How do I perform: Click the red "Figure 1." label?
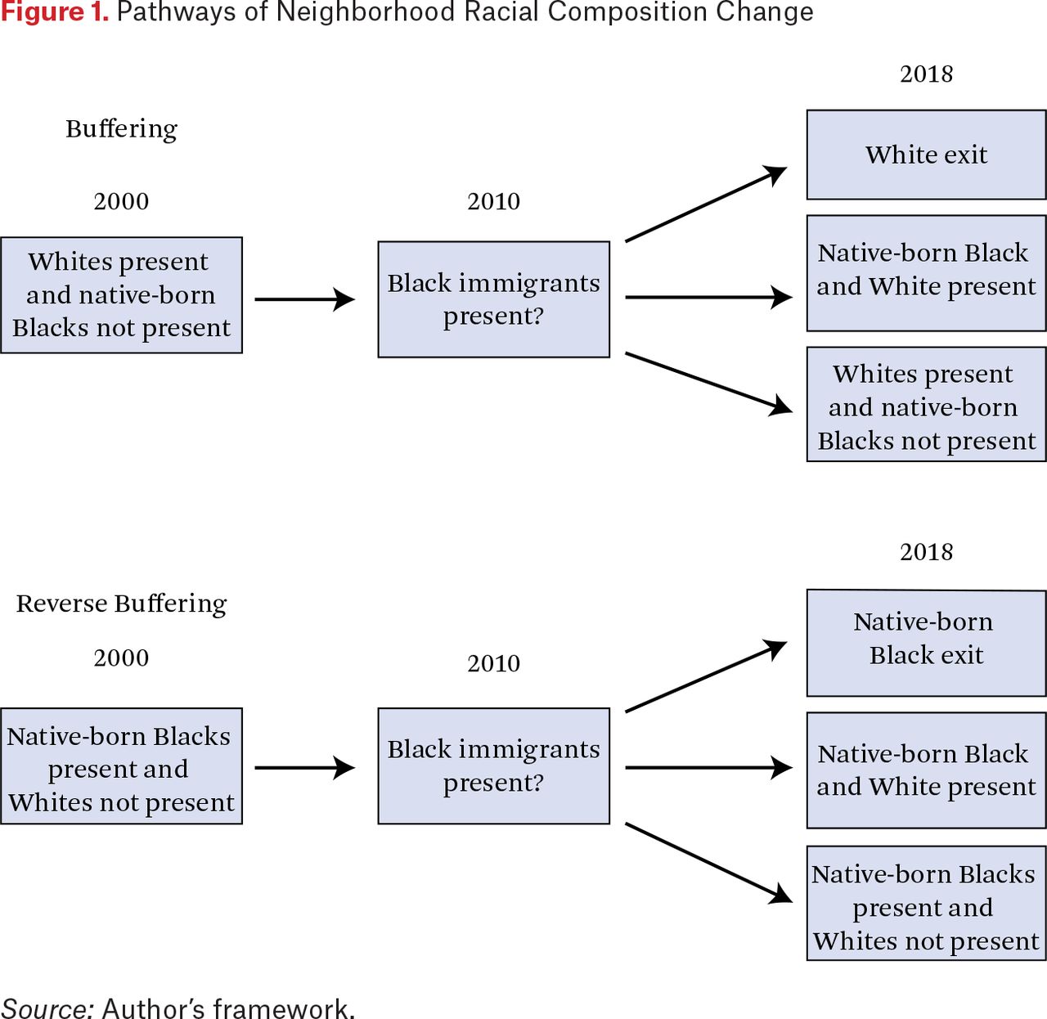pyautogui.click(x=55, y=11)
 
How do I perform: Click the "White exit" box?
pyautogui.click(x=926, y=155)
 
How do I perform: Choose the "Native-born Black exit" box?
pyautogui.click(x=926, y=643)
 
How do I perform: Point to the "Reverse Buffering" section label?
pyautogui.click(x=122, y=604)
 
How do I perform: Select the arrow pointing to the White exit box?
pyautogui.click(x=706, y=204)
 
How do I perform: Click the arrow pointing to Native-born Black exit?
pyautogui.click(x=706, y=676)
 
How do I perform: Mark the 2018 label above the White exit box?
pyautogui.click(x=926, y=74)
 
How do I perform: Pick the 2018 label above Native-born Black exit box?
pyautogui.click(x=926, y=552)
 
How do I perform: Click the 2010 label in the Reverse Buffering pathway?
pyautogui.click(x=493, y=663)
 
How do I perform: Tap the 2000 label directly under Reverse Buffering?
pyautogui.click(x=121, y=658)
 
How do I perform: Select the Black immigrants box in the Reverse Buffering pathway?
pyautogui.click(x=493, y=766)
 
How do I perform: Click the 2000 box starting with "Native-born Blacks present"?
pyautogui.click(x=122, y=766)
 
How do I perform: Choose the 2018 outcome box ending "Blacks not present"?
pyautogui.click(x=926, y=404)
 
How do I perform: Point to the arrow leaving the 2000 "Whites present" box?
pyautogui.click(x=304, y=299)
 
